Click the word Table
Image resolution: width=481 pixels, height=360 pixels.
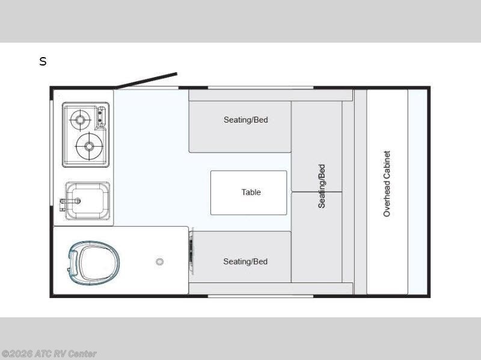point(251,192)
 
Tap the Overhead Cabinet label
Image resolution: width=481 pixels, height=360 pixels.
point(387,184)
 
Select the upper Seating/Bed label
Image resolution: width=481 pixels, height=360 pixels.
point(246,120)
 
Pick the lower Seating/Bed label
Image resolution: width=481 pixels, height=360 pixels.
point(245,261)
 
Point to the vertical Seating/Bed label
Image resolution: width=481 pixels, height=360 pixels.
point(322,186)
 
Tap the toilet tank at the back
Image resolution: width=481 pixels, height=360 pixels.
point(73,262)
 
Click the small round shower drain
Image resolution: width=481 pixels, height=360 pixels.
point(159,262)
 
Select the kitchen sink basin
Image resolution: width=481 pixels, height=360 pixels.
point(88,201)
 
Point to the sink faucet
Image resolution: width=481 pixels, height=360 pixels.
point(70,201)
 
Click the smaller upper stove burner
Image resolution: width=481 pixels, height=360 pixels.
point(81,119)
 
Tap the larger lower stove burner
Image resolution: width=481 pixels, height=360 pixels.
point(89,146)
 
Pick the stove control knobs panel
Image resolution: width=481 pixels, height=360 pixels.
point(101,117)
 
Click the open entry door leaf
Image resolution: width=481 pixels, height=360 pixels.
point(146,81)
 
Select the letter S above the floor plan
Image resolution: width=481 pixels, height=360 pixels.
point(43,62)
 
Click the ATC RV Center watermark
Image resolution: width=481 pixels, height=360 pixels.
point(49,354)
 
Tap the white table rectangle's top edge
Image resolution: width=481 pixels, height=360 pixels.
point(249,171)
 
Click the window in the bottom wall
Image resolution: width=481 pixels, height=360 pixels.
point(260,296)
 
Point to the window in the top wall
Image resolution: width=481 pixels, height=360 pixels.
point(260,88)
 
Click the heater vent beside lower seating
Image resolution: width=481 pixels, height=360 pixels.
point(191,251)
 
